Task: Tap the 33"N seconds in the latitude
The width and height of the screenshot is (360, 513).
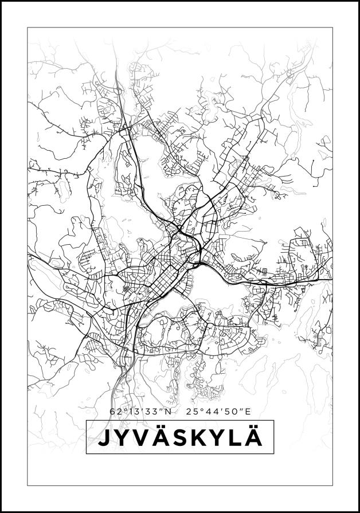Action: point(157,411)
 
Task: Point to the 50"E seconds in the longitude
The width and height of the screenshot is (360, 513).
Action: point(237,411)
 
